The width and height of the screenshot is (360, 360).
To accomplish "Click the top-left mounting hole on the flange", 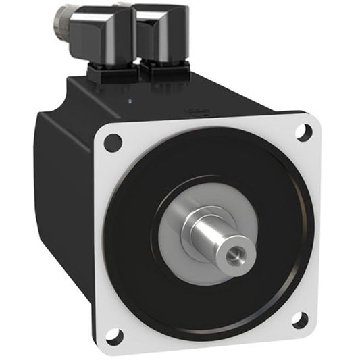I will [x=113, y=143].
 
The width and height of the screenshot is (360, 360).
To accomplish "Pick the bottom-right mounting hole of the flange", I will [x=300, y=319].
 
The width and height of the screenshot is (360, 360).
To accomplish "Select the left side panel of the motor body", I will [x=64, y=203].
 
